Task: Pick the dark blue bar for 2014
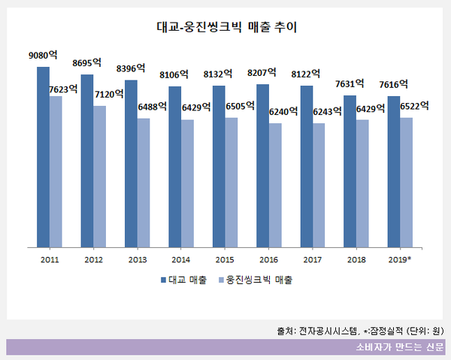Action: (174, 166)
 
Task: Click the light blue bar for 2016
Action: (274, 184)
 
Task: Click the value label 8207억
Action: (262, 74)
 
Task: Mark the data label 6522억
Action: (414, 105)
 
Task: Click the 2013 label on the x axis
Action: (138, 259)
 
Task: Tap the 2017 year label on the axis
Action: (312, 259)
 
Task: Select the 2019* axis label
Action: (400, 259)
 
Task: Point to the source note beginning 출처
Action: (359, 330)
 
